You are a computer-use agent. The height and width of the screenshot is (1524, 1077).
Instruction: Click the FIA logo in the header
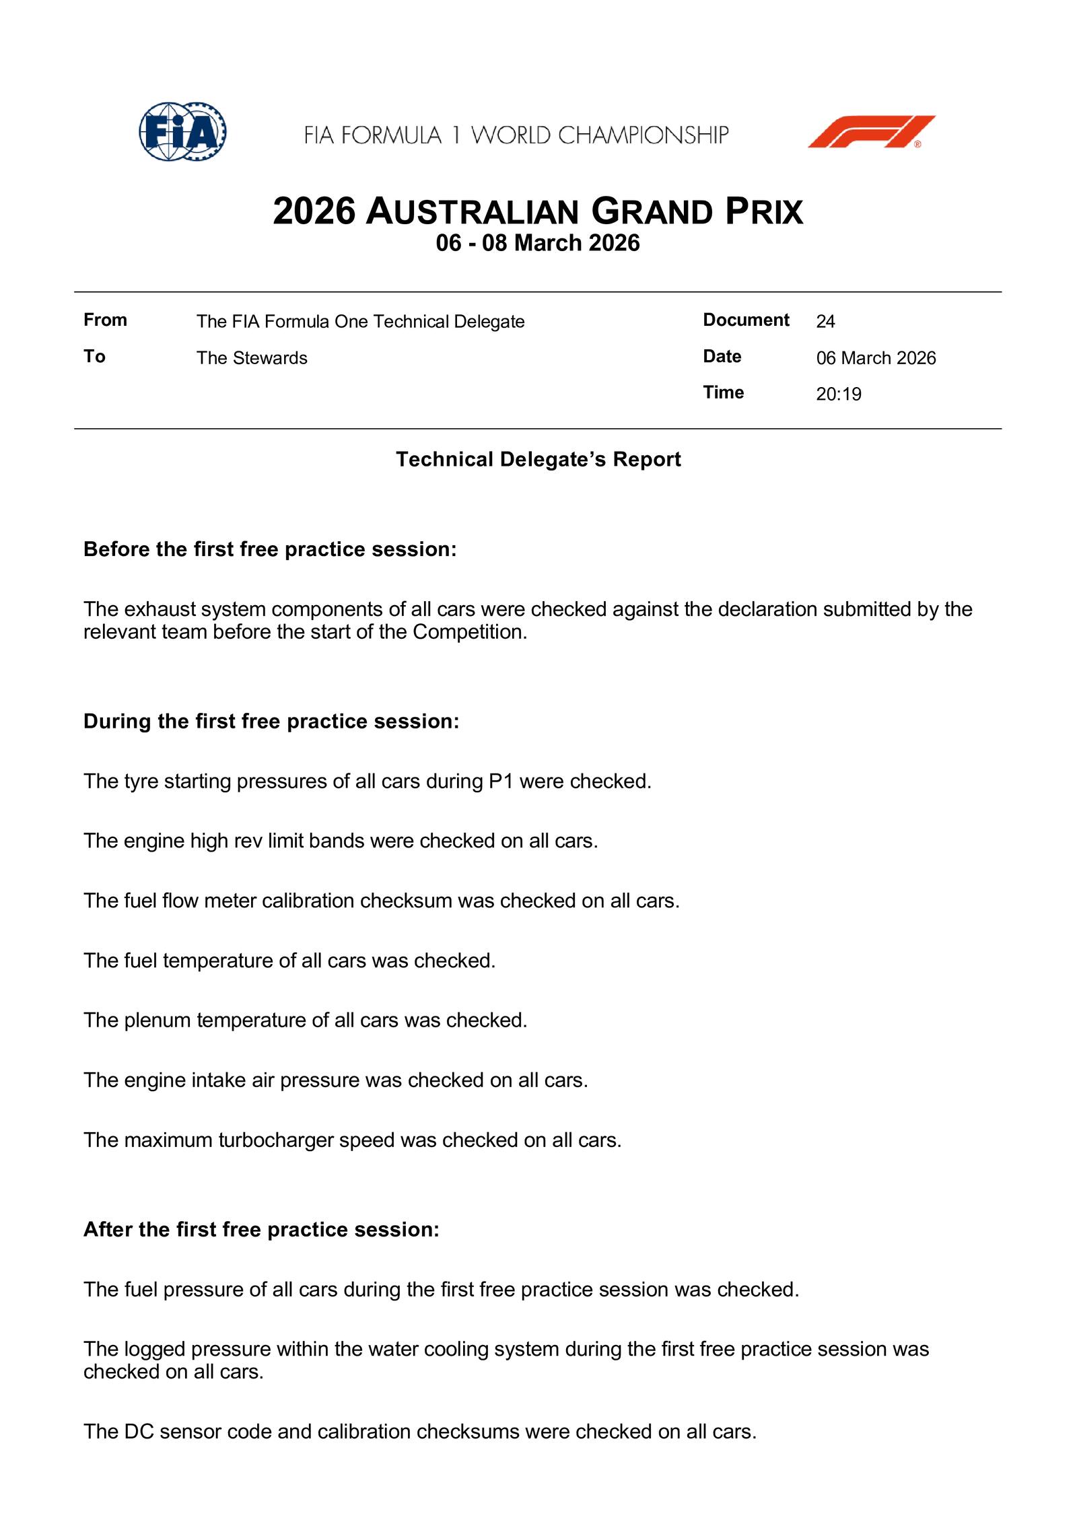pyautogui.click(x=182, y=131)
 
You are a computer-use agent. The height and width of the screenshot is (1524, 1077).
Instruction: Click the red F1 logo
pyautogui.click(x=871, y=132)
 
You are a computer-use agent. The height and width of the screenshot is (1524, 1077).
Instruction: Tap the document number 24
pyautogui.click(x=825, y=322)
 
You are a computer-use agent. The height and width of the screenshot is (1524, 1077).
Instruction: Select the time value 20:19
pyautogui.click(x=838, y=394)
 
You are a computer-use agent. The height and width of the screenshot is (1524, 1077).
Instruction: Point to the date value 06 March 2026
pyautogui.click(x=876, y=357)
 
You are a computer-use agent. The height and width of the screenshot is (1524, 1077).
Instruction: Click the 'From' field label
pyautogui.click(x=105, y=320)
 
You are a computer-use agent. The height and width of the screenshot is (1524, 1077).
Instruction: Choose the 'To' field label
pyautogui.click(x=94, y=356)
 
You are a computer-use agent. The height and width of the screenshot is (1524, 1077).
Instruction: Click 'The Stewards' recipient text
pyautogui.click(x=252, y=357)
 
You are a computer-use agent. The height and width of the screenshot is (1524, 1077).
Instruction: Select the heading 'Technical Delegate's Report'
pyautogui.click(x=538, y=459)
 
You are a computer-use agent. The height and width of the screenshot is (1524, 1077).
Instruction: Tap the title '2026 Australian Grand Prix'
pyautogui.click(x=538, y=211)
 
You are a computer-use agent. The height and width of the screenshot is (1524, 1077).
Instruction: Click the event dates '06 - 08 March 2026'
pyautogui.click(x=538, y=243)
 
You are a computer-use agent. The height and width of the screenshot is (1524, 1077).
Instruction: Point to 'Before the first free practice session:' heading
pyautogui.click(x=270, y=549)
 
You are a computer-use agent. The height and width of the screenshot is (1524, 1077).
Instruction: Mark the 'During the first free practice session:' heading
pyautogui.click(x=271, y=721)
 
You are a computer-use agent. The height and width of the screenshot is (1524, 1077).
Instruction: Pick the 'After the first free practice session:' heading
pyautogui.click(x=261, y=1229)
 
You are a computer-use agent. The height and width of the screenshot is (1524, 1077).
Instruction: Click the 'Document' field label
pyautogui.click(x=746, y=320)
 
